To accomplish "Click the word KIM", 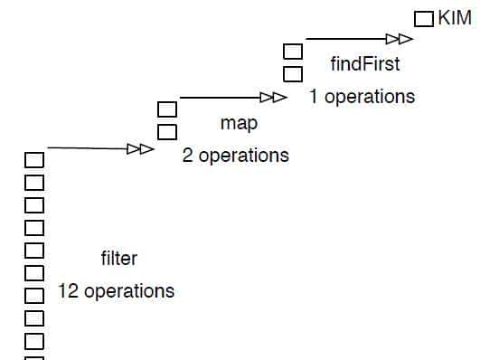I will [x=455, y=18].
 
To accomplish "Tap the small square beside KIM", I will [x=423, y=19].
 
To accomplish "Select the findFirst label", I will [x=364, y=65].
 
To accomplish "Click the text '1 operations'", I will [x=362, y=96].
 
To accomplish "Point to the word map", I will [x=239, y=123].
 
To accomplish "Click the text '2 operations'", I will [x=235, y=156].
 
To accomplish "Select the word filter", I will [x=118, y=259].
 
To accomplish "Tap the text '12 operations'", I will [x=116, y=291].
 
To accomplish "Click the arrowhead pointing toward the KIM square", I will [x=399, y=39].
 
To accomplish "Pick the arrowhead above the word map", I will [x=273, y=97].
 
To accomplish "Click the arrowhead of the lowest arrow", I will [x=140, y=148].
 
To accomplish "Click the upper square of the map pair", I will [x=167, y=110].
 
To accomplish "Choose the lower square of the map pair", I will [x=167, y=132].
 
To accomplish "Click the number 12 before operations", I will [x=68, y=291].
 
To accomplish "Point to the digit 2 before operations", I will [x=187, y=156].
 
